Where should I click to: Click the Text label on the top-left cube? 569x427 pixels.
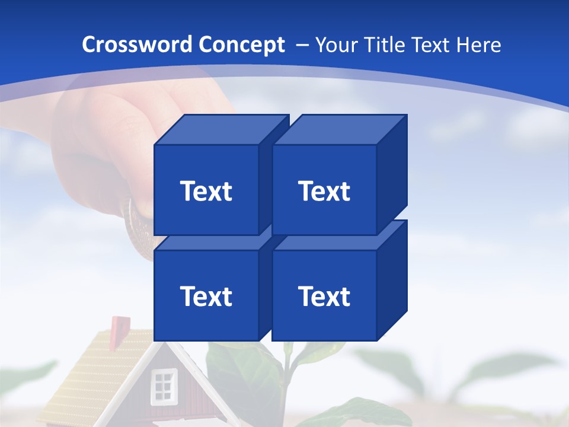point(206,191)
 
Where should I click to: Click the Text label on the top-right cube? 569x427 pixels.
point(324,191)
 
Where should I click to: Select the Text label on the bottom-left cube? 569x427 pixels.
point(206,296)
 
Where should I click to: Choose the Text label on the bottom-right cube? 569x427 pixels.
point(324,296)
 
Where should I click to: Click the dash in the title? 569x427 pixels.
point(301,45)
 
